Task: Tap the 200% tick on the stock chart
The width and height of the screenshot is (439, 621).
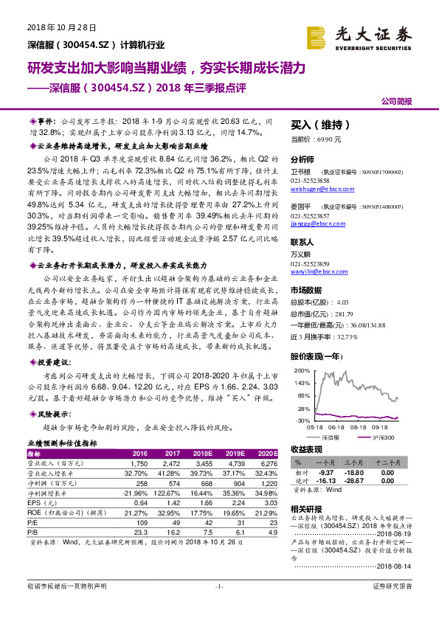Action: coord(301,370)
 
